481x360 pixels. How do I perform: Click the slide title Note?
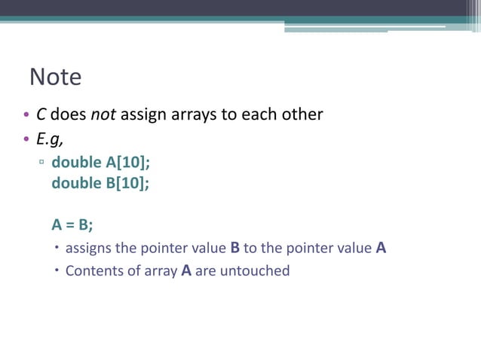pos(55,77)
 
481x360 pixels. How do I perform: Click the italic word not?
pos(103,114)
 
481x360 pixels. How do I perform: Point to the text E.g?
pos(49,139)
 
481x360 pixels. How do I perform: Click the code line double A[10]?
pos(100,163)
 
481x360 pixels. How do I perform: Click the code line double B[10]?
pos(100,183)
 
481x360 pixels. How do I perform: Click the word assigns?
pos(88,248)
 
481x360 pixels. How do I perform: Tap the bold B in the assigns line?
pos(234,247)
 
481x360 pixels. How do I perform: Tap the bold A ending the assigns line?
pos(381,247)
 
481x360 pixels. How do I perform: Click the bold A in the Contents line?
pos(186,270)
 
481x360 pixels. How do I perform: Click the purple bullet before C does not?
pos(26,116)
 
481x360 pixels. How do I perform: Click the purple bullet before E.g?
pos(26,140)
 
